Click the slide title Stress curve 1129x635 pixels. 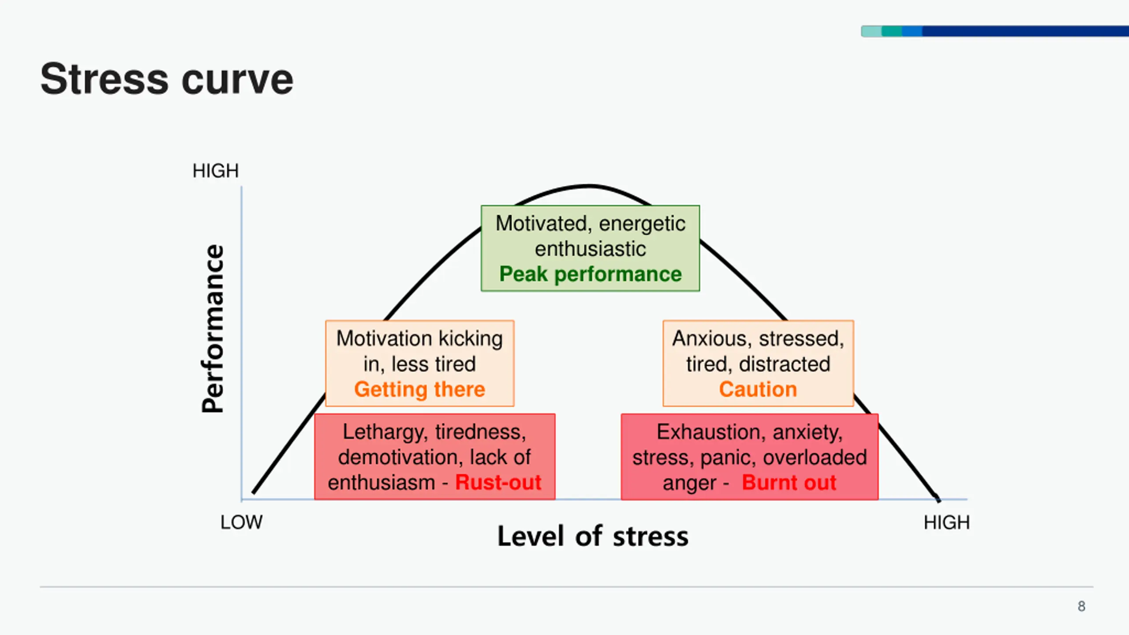coord(167,79)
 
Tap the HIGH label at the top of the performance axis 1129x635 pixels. coord(215,171)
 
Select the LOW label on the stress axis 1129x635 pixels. coord(241,523)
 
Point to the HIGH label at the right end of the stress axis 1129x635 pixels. coord(946,523)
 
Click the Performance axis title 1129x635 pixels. coord(213,329)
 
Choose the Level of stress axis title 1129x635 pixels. coord(593,537)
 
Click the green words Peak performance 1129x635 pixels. coord(591,274)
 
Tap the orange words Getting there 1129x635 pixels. coord(419,390)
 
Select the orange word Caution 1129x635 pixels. coord(758,390)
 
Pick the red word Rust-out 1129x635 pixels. coord(498,482)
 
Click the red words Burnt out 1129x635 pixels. coord(789,482)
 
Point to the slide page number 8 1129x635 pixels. coord(1081,606)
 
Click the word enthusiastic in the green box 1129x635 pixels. coord(591,249)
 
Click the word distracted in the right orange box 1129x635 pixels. coord(784,364)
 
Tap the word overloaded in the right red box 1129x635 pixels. coord(815,458)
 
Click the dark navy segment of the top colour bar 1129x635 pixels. coord(1023,31)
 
